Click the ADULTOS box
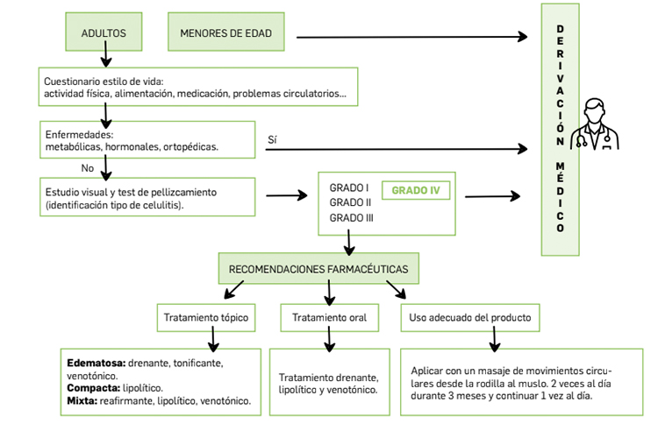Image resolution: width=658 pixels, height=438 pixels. pos(104,32)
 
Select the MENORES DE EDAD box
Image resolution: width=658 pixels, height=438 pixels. pos(226,32)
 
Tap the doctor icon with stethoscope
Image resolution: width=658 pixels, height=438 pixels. pos(594,124)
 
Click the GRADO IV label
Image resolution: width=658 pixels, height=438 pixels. pos(416,190)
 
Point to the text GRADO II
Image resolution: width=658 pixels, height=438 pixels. pos(350,202)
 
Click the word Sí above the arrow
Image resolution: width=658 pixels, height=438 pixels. pos(272,139)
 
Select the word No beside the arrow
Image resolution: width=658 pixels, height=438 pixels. pos(87,168)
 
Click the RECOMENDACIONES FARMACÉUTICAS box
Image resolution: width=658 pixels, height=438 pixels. pos(318,269)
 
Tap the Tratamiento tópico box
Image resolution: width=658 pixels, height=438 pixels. pos(206,318)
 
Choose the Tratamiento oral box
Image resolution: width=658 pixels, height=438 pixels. pos(329,318)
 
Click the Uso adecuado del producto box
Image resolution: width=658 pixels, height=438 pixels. pos(470,318)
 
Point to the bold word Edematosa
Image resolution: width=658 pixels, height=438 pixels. pos(97,363)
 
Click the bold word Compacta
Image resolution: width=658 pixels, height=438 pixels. pos(94,388)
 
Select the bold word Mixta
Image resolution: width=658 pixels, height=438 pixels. pos(82,400)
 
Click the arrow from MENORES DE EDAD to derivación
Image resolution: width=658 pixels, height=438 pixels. pos(412,37)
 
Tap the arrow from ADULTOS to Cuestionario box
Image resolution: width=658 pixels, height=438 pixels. pos(106,53)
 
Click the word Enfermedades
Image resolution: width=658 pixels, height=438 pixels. pos(79,135)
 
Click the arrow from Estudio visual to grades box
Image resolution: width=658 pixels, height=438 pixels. pos(287,195)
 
